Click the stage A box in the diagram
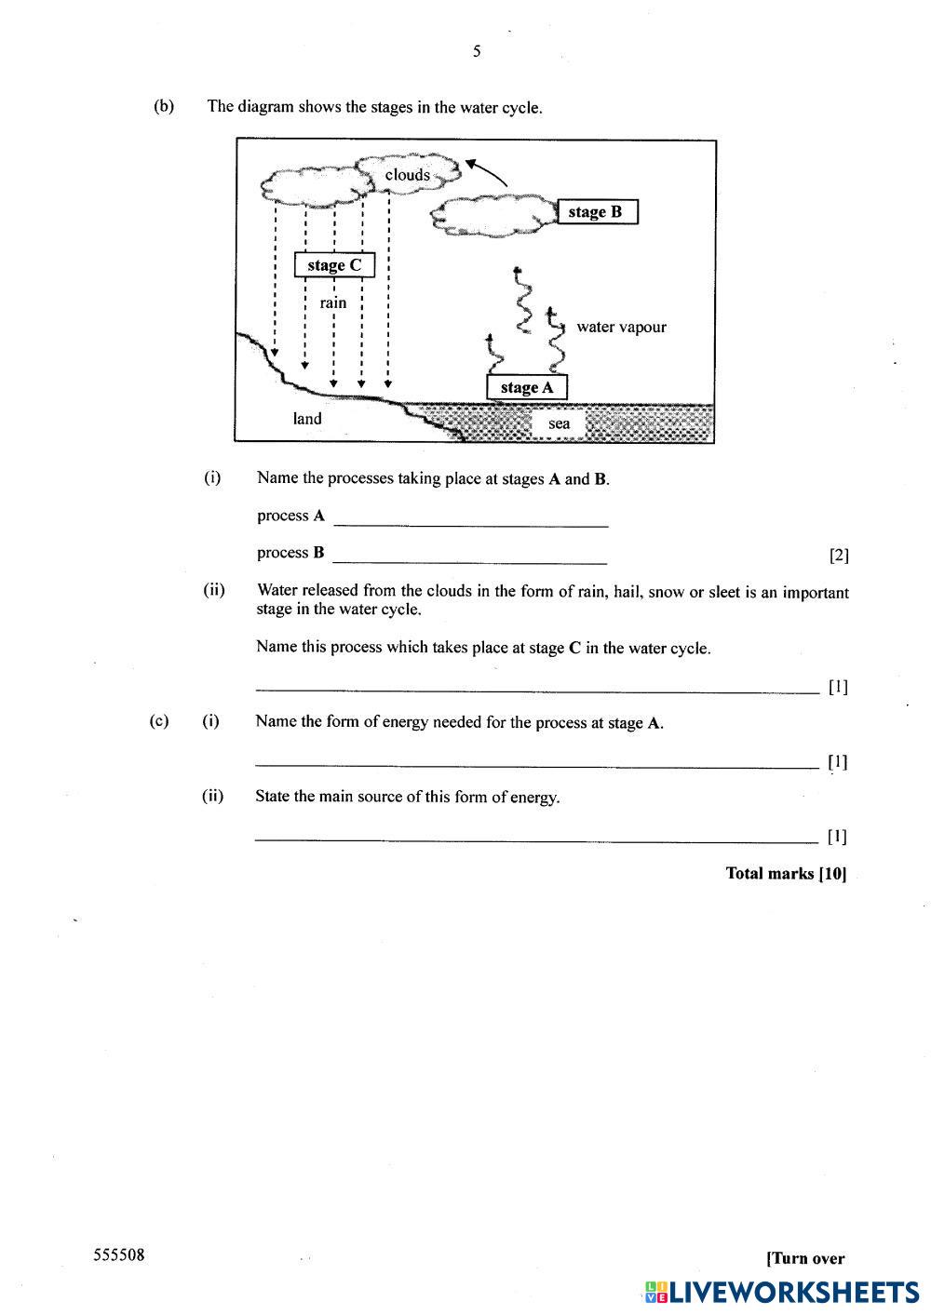click(526, 387)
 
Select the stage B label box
click(596, 212)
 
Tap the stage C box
click(334, 265)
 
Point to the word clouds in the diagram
click(408, 175)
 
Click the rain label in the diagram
click(332, 302)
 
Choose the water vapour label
click(621, 327)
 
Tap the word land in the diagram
click(307, 419)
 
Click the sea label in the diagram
click(559, 423)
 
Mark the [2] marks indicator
click(839, 556)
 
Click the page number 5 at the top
click(477, 51)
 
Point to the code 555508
click(119, 1255)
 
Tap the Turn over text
click(805, 1258)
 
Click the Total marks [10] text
click(786, 873)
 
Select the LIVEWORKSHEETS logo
click(781, 1292)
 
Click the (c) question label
click(159, 721)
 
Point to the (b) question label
click(164, 106)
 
